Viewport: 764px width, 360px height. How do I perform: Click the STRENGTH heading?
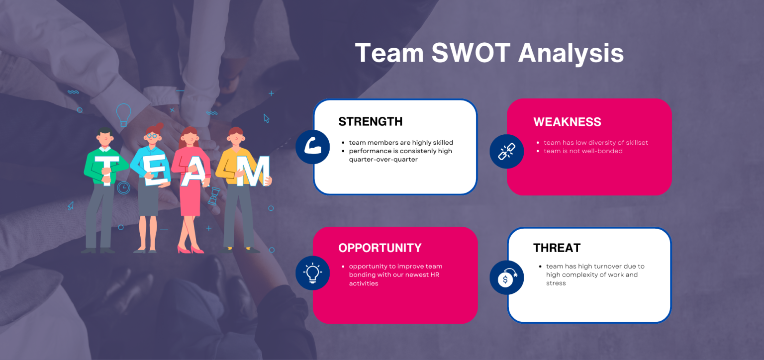370,122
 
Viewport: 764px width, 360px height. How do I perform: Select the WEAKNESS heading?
567,122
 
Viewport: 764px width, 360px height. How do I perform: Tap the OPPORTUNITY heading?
380,248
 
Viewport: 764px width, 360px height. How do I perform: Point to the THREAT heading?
557,248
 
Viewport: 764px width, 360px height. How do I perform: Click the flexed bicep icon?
312,147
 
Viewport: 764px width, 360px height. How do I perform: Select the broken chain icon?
506,151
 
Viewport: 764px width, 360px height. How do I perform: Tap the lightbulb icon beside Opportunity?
312,272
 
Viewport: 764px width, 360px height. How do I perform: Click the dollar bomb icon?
506,277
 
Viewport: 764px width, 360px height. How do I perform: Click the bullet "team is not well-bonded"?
583,151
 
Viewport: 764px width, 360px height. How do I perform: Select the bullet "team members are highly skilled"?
401,143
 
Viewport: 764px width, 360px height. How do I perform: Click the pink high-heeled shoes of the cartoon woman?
191,249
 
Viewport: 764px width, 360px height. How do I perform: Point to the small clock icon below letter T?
123,187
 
